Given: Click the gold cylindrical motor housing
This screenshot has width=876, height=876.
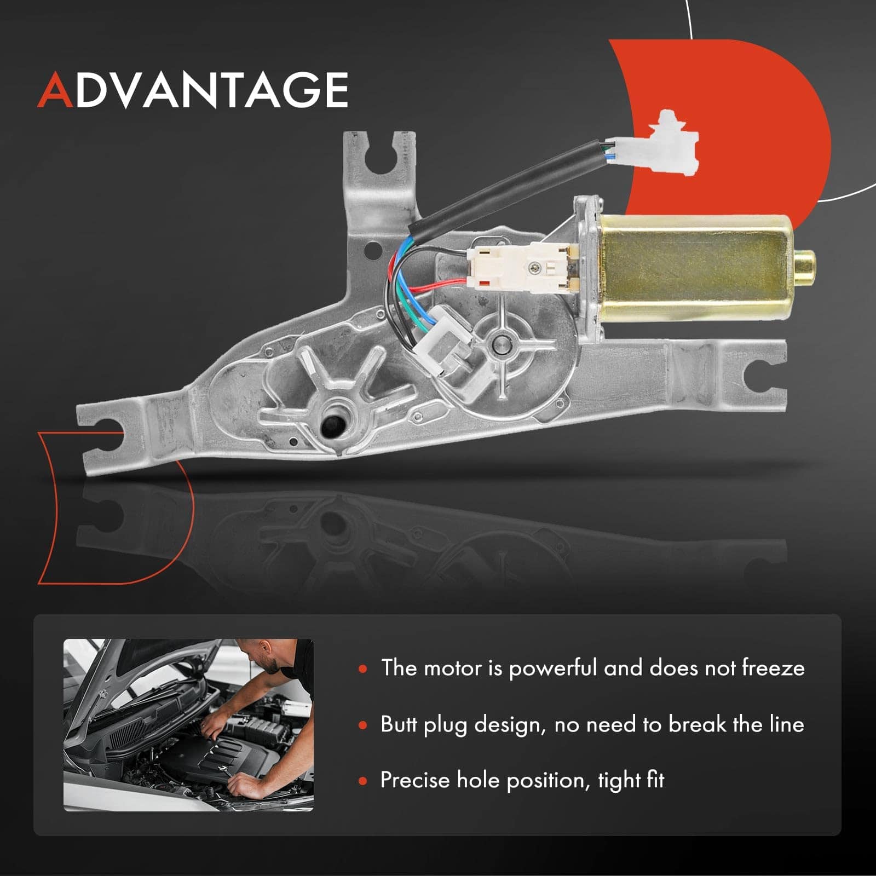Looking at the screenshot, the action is point(695,269).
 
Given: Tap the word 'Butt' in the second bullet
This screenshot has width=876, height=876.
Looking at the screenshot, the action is point(399,724).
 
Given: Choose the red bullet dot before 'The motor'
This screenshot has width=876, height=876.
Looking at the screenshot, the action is point(362,668).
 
